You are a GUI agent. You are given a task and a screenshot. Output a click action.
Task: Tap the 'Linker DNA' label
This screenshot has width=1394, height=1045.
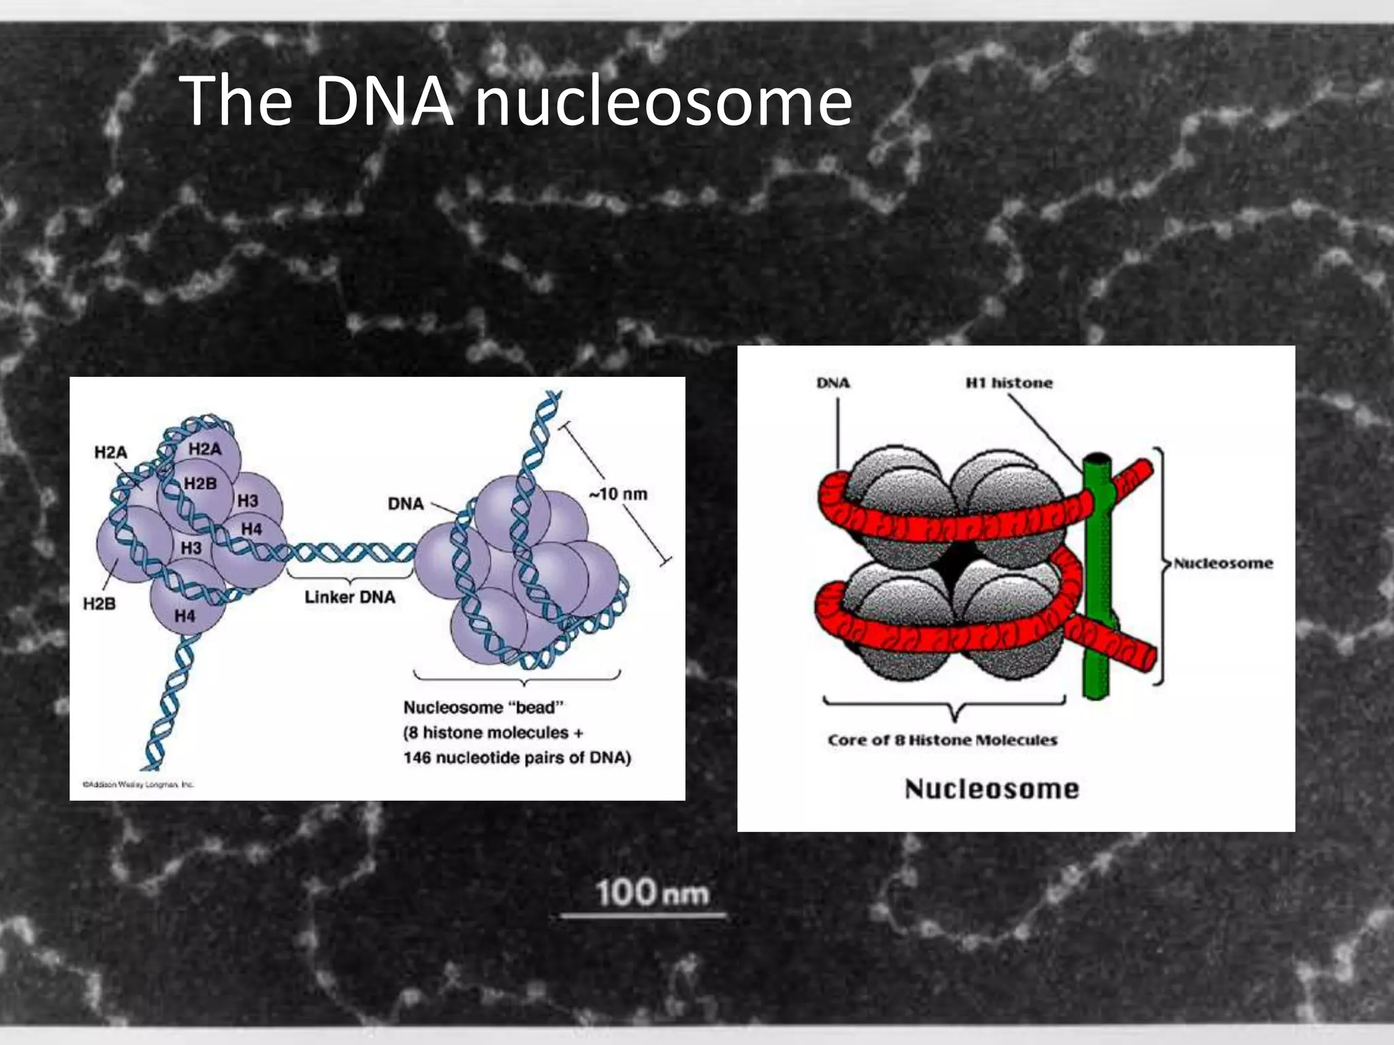pos(349,597)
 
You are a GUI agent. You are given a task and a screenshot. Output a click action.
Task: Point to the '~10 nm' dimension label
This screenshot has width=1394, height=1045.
pos(618,494)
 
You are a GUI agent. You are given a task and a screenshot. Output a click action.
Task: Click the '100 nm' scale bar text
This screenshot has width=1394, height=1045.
pos(652,892)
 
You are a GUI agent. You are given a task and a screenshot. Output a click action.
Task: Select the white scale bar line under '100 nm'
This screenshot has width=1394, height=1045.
pos(643,916)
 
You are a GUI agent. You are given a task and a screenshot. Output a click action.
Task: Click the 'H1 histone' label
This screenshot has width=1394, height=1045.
pos(1009,382)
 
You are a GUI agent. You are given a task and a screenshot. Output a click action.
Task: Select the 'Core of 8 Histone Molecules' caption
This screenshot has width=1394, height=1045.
pos(943,740)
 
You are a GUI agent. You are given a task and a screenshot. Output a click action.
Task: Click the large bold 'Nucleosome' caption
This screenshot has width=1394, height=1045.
pos(992,789)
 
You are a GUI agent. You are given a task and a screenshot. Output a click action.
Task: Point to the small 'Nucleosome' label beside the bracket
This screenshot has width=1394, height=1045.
pos(1223,563)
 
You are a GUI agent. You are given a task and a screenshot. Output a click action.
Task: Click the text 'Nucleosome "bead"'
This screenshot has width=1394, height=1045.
pos(483,707)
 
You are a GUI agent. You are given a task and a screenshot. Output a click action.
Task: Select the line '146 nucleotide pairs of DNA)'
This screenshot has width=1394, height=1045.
pos(517,757)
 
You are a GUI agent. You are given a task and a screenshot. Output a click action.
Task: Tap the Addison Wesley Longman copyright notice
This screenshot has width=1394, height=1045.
pos(138,784)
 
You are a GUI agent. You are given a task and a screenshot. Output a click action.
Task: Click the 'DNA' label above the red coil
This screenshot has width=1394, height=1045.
pos(833,382)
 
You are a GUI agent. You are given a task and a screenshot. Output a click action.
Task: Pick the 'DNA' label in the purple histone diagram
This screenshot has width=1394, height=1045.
pos(406,503)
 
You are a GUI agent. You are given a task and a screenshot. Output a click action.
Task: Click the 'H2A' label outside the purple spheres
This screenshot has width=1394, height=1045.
pos(110,452)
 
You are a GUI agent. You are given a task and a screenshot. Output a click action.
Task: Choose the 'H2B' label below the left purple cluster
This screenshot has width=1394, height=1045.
pos(99,603)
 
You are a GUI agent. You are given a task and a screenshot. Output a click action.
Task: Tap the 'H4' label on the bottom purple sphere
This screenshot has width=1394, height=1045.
pos(184,616)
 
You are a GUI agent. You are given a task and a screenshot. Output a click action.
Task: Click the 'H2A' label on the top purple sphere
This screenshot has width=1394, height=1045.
pos(205,448)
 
